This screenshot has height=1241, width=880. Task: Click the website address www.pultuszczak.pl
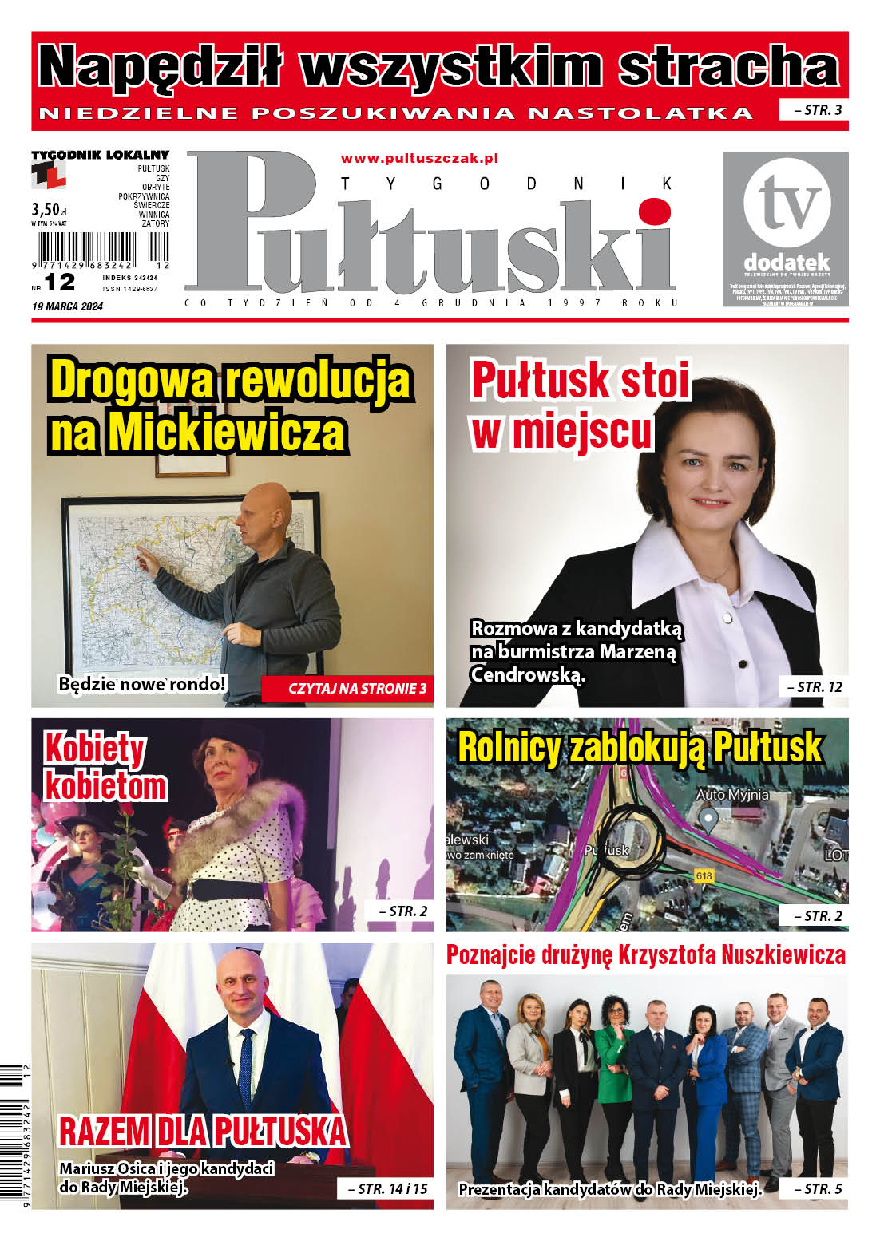[419, 159]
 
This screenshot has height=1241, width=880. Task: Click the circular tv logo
[786, 203]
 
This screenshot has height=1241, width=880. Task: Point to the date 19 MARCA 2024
[67, 306]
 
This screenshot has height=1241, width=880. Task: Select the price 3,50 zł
[47, 209]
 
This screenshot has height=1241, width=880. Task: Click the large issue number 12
[60, 282]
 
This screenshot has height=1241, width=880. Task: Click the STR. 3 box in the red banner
[813, 110]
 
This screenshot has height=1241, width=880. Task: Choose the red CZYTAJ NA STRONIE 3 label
[347, 688]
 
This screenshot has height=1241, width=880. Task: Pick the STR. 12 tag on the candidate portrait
[814, 686]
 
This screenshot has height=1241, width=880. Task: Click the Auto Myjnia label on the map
[732, 795]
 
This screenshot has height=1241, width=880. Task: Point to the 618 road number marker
[704, 876]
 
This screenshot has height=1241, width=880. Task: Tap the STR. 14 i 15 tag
[386, 1188]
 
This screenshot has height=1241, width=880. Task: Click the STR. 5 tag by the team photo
[814, 1188]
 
